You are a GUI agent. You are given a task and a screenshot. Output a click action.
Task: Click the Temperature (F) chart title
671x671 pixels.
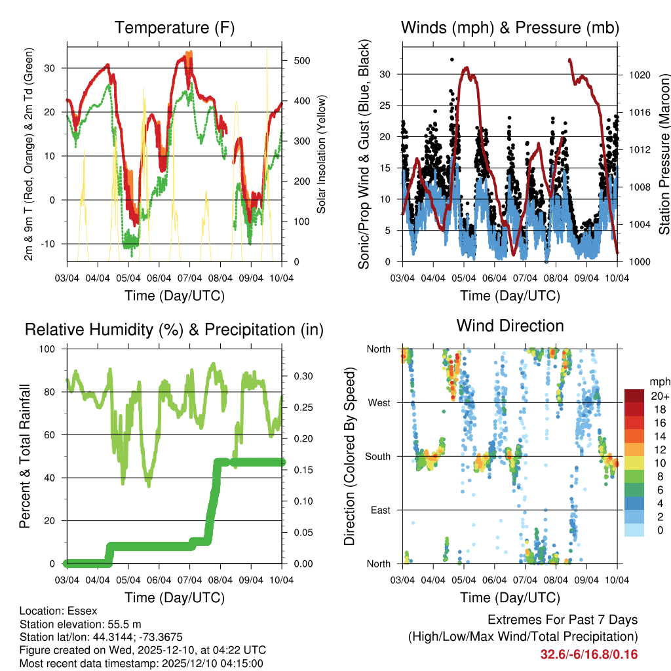pyautogui.click(x=174, y=28)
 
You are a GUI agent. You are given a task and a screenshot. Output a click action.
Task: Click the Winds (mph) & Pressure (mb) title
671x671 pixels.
pyautogui.click(x=510, y=28)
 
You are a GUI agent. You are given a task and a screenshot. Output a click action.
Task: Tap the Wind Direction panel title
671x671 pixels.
pyautogui.click(x=510, y=325)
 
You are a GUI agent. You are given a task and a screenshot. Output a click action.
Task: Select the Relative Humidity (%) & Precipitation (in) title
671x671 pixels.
pyautogui.click(x=174, y=330)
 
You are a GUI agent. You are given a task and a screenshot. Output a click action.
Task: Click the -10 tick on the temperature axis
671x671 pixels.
pyautogui.click(x=52, y=244)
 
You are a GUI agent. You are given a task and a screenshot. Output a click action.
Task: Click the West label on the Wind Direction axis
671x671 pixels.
pyautogui.click(x=378, y=402)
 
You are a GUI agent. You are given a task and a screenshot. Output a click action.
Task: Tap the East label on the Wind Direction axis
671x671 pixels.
pyautogui.click(x=379, y=510)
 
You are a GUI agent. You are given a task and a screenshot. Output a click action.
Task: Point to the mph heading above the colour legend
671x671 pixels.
pyautogui.click(x=659, y=382)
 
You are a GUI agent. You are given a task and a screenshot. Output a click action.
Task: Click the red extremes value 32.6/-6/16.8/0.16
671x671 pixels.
pyautogui.click(x=588, y=655)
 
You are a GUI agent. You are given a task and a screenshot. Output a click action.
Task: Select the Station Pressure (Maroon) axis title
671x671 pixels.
pyautogui.click(x=664, y=153)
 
